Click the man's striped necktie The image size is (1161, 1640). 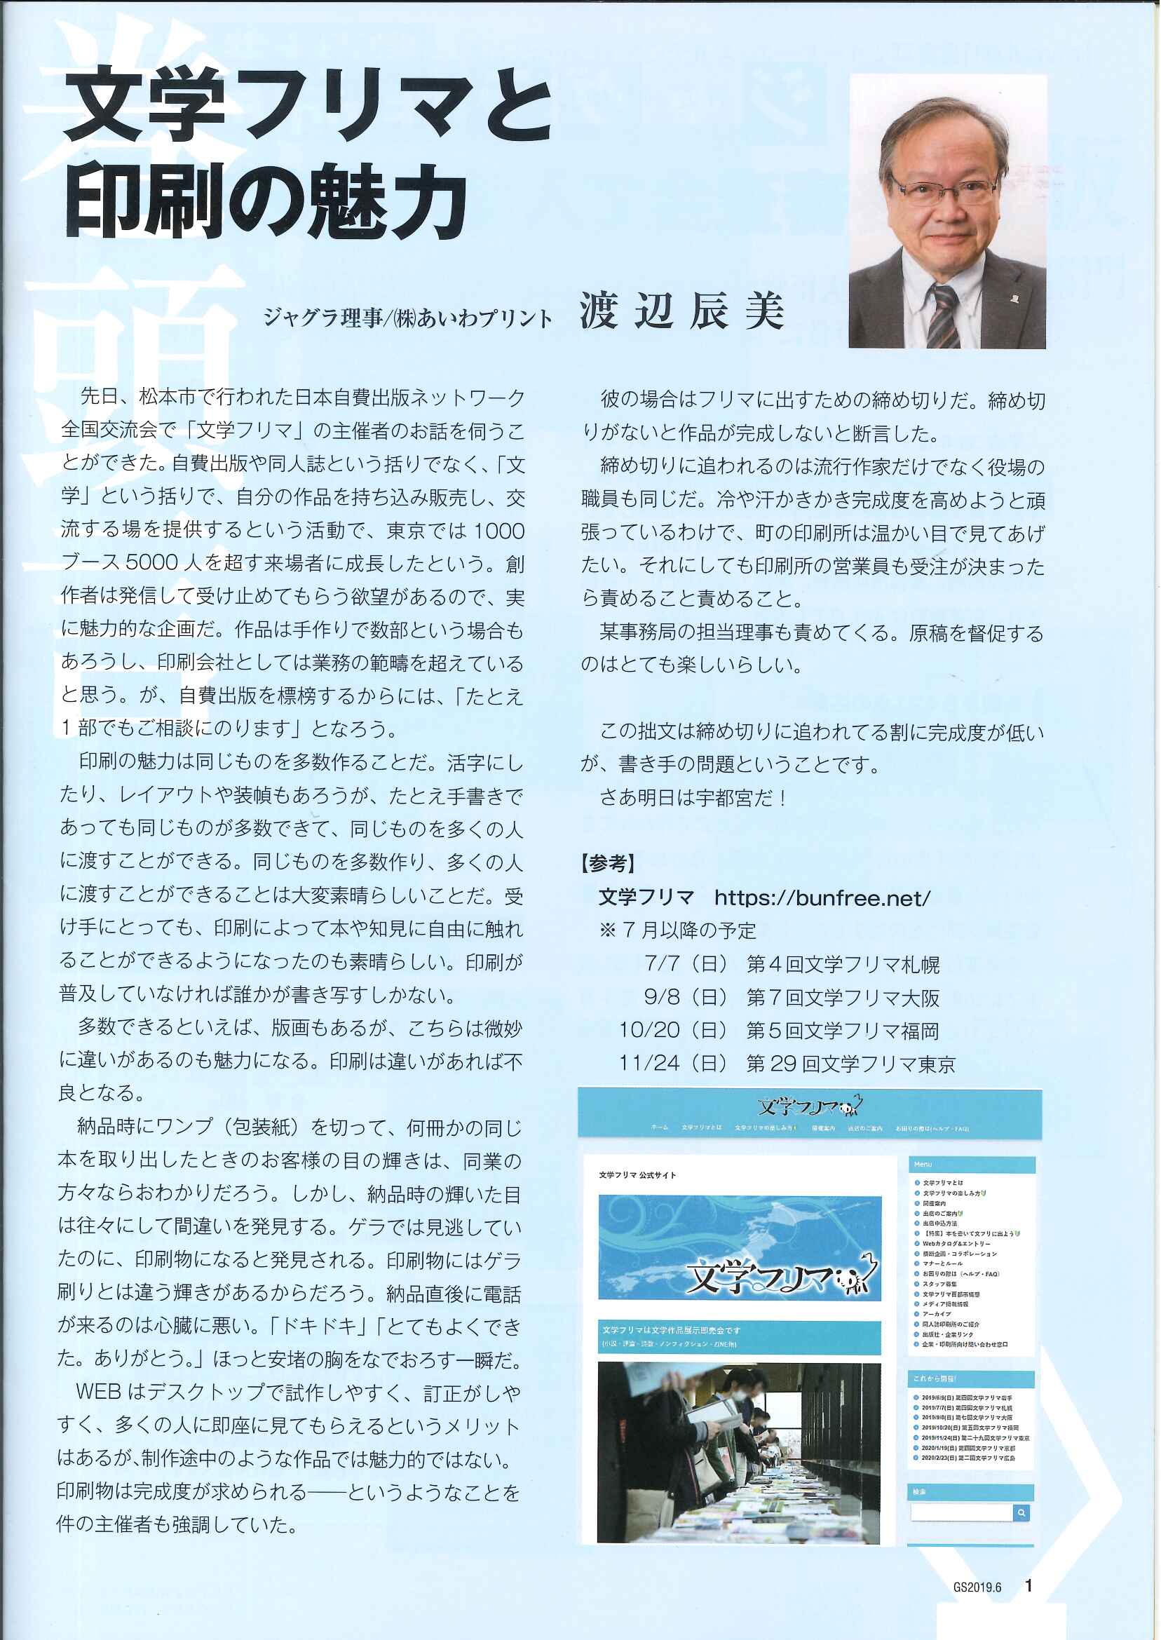point(943,314)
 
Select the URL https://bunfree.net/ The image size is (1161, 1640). point(822,898)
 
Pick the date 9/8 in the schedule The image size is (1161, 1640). point(662,997)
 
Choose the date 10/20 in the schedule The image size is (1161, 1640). point(649,1030)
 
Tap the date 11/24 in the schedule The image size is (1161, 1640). point(649,1064)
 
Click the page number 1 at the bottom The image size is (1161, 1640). point(1028,1586)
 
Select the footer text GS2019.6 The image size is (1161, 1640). point(977,1587)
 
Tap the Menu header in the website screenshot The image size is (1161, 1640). point(923,1165)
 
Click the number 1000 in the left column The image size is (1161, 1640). point(499,531)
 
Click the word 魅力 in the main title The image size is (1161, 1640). point(390,203)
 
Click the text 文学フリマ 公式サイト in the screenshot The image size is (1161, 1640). point(637,1174)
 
